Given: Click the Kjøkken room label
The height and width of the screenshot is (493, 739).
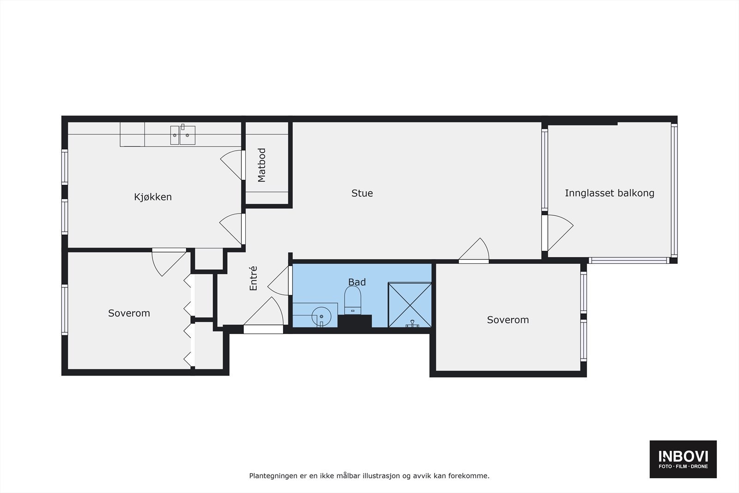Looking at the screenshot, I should (153, 197).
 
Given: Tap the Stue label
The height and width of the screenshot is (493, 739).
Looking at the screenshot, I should (362, 193).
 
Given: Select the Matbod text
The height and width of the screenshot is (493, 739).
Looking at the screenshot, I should (262, 165).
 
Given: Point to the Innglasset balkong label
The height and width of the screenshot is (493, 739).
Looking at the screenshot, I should (609, 193).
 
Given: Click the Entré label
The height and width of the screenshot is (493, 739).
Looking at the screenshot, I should (253, 278).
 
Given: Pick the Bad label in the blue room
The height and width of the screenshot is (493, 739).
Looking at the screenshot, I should (357, 282).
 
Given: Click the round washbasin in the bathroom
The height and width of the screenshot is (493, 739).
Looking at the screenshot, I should (321, 316).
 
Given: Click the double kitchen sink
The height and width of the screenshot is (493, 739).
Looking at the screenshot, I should (182, 135).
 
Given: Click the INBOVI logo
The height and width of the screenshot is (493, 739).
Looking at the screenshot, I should (683, 459).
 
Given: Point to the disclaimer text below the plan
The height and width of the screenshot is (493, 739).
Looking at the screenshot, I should (369, 475).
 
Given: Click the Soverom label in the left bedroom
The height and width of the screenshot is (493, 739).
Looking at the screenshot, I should (129, 313).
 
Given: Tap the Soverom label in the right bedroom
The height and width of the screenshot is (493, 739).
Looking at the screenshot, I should (508, 320).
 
